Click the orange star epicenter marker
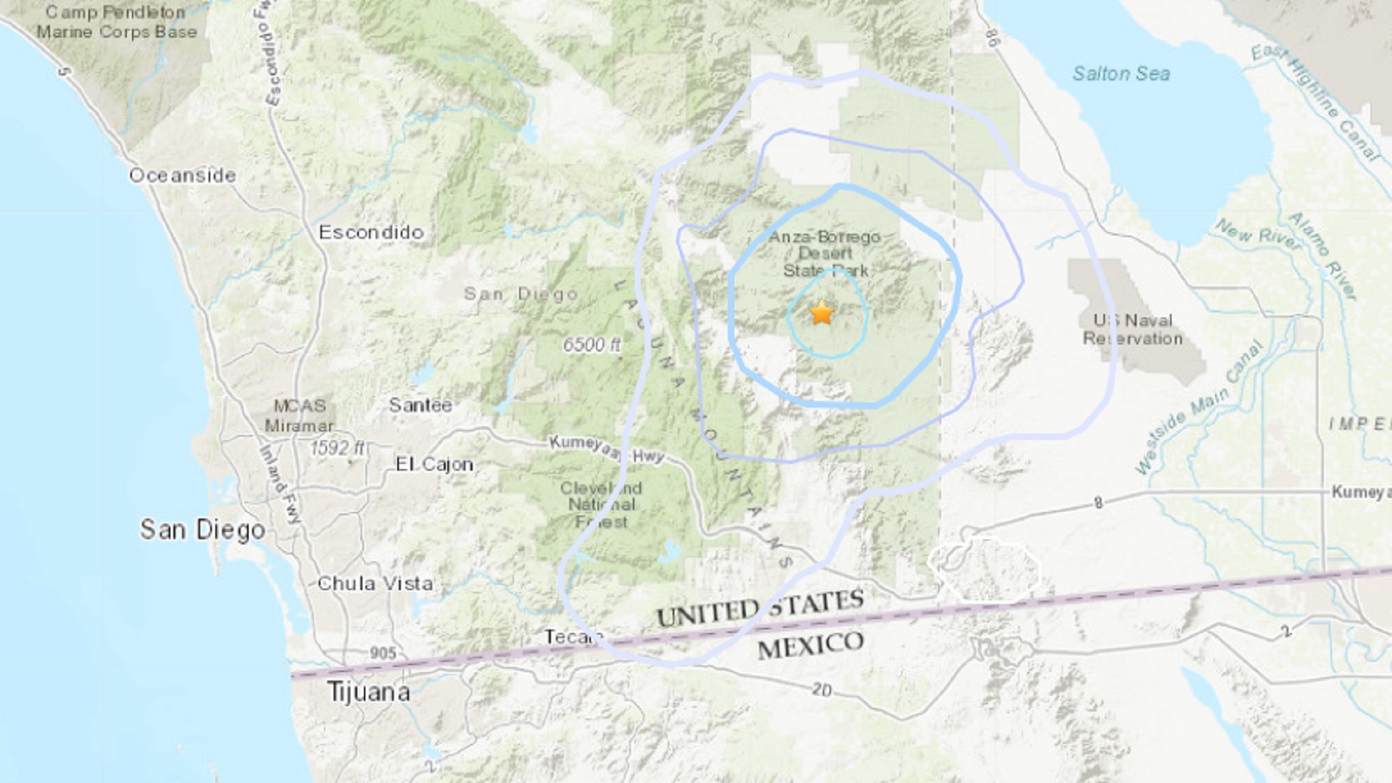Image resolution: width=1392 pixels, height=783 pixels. click(821, 313)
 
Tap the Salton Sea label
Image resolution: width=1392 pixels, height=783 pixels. click(1121, 74)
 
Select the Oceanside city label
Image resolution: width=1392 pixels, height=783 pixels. click(183, 175)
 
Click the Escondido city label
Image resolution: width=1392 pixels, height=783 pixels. click(371, 232)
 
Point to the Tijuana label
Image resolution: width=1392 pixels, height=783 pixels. click(368, 692)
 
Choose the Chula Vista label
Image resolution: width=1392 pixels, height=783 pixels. click(375, 584)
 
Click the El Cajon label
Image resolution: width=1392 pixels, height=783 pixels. click(434, 465)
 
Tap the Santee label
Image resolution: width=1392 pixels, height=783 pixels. click(420, 405)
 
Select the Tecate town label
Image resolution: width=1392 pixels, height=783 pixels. click(573, 637)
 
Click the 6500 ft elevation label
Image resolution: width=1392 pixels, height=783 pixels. click(592, 345)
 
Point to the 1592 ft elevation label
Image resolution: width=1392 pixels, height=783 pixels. click(337, 448)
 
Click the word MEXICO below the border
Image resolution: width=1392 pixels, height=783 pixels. click(811, 645)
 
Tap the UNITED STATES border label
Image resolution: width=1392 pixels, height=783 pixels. click(760, 608)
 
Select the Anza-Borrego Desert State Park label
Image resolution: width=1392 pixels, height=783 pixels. click(825, 254)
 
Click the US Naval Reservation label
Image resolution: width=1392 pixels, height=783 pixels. click(1132, 330)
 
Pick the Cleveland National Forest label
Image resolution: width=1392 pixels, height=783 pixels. click(601, 505)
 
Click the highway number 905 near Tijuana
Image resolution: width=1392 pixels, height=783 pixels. click(383, 653)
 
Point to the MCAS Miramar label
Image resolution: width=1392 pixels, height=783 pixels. click(299, 416)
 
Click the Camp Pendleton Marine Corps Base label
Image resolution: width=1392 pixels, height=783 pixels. click(117, 22)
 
